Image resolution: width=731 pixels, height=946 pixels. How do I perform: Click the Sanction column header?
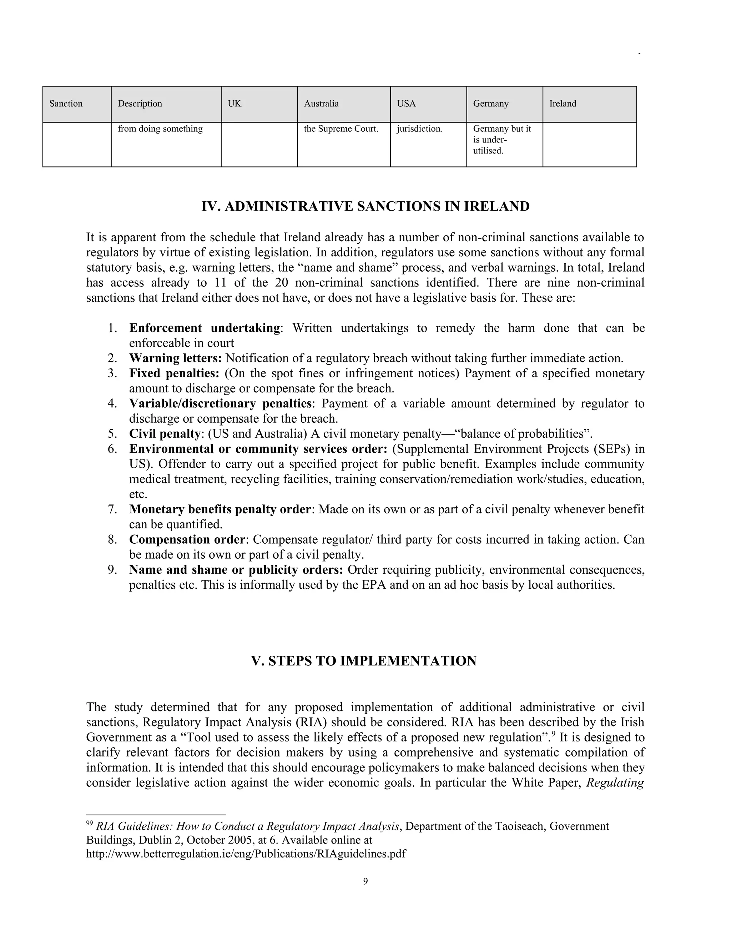point(66,104)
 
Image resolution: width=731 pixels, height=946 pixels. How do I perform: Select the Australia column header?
point(321,104)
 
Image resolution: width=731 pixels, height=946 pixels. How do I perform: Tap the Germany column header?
point(491,104)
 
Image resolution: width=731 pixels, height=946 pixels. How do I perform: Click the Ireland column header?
point(563,104)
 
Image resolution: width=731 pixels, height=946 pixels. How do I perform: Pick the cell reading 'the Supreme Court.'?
point(341,129)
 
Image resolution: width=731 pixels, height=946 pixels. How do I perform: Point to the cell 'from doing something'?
point(160,129)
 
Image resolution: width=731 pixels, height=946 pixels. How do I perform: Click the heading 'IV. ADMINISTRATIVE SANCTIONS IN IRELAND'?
point(365,206)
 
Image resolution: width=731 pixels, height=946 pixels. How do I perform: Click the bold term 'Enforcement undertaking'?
point(205,328)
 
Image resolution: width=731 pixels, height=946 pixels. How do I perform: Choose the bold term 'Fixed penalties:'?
point(174,373)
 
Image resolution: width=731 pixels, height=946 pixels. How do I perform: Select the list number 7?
point(112,509)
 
